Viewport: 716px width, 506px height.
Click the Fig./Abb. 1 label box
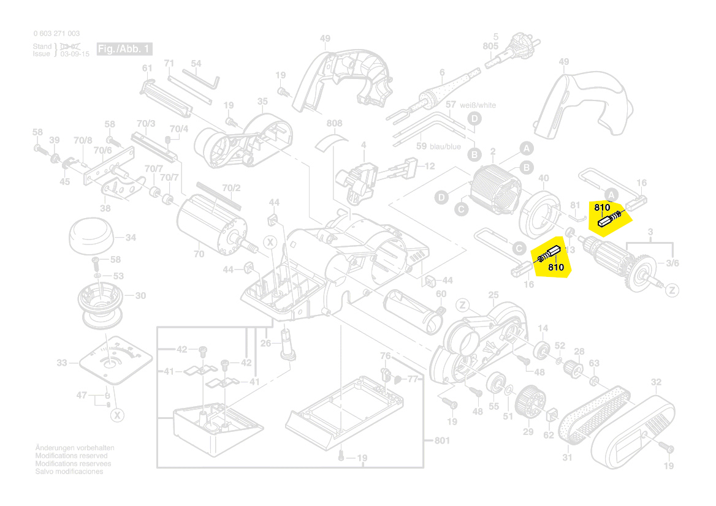[124, 49]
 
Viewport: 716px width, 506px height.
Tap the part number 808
[334, 124]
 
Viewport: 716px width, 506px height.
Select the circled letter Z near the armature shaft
[672, 290]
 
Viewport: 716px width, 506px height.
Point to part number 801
[441, 440]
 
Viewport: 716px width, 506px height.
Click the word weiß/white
[478, 105]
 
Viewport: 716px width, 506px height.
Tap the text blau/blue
[445, 146]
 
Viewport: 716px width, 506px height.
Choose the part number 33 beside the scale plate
[62, 363]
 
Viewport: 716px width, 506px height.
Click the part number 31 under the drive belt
[567, 458]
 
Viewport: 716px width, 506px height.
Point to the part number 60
[441, 295]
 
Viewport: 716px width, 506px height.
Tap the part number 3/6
[672, 263]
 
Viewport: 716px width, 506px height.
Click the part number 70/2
[231, 187]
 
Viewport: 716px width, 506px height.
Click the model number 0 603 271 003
[56, 34]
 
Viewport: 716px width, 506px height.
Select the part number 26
[265, 343]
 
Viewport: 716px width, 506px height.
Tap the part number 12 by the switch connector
[430, 166]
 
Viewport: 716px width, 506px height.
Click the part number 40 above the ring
[543, 178]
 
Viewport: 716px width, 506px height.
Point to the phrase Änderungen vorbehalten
[75, 448]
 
